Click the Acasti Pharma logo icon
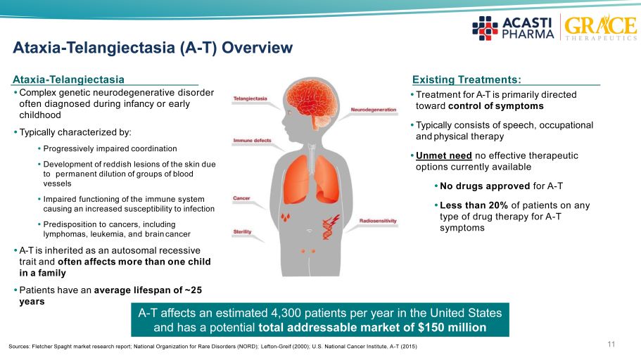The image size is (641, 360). click(485, 28)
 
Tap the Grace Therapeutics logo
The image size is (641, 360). click(600, 27)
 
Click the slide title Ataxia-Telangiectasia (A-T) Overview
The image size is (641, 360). click(153, 48)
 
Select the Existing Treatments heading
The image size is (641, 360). click(467, 79)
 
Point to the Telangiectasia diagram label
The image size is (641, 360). click(250, 98)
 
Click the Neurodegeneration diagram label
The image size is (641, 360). click(373, 110)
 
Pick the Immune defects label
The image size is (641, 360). click(252, 141)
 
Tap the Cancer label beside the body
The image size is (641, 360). click(241, 198)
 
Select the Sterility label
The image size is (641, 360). click(242, 232)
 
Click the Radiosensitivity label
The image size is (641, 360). click(378, 221)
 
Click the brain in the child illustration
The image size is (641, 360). click(312, 103)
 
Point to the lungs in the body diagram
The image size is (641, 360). click(312, 179)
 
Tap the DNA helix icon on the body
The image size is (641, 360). click(330, 227)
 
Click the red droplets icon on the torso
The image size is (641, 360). click(286, 217)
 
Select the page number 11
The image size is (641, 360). click(611, 344)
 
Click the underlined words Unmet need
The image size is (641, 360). click(443, 155)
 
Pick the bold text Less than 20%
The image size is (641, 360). click(474, 205)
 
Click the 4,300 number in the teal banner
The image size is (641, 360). click(286, 313)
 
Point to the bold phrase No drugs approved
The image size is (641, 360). click(485, 186)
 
